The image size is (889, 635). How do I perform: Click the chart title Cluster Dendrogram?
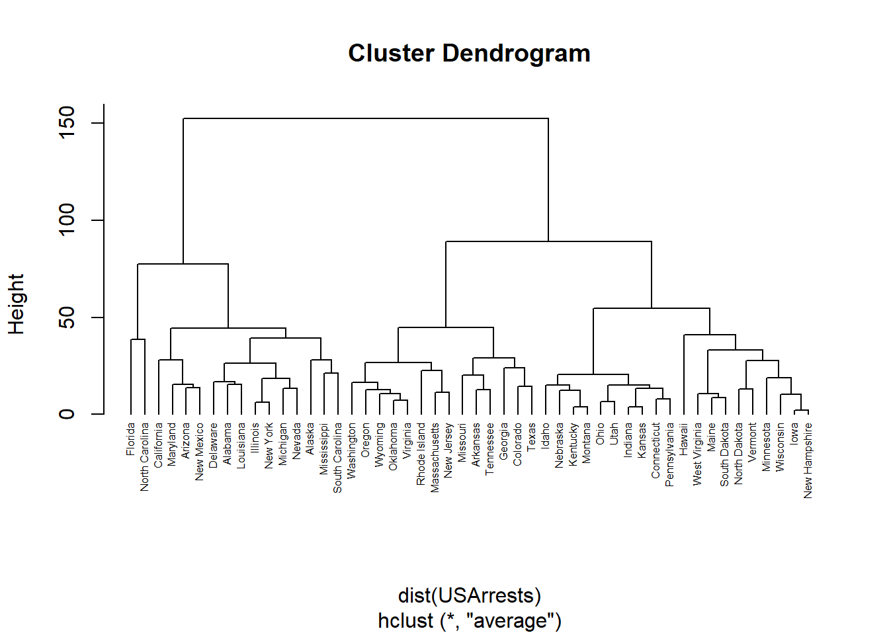(x=469, y=54)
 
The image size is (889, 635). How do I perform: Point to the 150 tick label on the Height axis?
(x=67, y=122)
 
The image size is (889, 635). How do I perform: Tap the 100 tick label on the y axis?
(x=67, y=220)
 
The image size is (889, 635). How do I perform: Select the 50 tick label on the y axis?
(x=67, y=317)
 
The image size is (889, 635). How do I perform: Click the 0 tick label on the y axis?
(x=67, y=414)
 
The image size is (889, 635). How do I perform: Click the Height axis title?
(x=17, y=304)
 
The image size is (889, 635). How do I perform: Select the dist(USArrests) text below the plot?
(x=470, y=595)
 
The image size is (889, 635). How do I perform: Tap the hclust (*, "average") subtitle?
(x=470, y=620)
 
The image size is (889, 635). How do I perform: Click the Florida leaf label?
(x=130, y=439)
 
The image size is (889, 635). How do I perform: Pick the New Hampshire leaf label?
(x=808, y=461)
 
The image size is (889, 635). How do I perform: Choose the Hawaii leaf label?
(x=683, y=439)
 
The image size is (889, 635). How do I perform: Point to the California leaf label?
(x=158, y=446)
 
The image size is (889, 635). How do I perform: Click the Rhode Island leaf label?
(x=421, y=454)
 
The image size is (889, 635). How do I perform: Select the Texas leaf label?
(x=531, y=437)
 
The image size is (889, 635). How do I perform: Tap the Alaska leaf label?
(x=310, y=439)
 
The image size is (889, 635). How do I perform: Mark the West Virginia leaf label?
(x=697, y=454)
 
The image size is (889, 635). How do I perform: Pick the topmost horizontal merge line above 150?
(x=366, y=118)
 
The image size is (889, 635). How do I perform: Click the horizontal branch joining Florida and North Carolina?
(x=138, y=339)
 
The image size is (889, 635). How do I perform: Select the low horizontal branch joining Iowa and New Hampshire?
(x=801, y=410)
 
